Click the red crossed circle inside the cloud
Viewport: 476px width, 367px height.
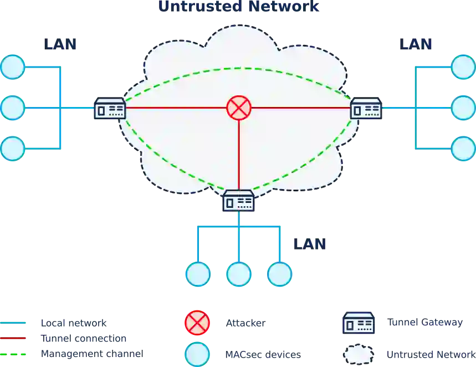[x=239, y=108]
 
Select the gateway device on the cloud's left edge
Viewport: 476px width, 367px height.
[x=110, y=108]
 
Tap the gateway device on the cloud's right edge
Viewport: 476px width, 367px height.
[x=366, y=108]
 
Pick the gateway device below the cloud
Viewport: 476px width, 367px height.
[x=238, y=201]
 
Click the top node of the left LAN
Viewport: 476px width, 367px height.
[x=13, y=67]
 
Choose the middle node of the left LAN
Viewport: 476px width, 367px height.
[x=13, y=108]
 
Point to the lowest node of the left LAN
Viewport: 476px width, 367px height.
[x=13, y=149]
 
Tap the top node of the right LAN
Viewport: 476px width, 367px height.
[x=463, y=67]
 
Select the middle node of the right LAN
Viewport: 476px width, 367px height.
[x=463, y=108]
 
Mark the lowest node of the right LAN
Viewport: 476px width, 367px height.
[x=463, y=149]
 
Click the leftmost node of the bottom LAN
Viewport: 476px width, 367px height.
[x=198, y=274]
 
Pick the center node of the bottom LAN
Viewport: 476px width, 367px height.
[x=239, y=274]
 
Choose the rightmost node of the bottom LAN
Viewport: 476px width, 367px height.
[x=279, y=274]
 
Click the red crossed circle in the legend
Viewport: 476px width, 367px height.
[x=197, y=323]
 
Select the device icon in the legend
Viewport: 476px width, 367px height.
[x=359, y=323]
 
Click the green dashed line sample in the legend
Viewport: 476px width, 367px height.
[x=13, y=353]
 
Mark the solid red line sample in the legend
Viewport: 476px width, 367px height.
[x=13, y=338]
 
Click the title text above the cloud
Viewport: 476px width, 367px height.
[x=239, y=7]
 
